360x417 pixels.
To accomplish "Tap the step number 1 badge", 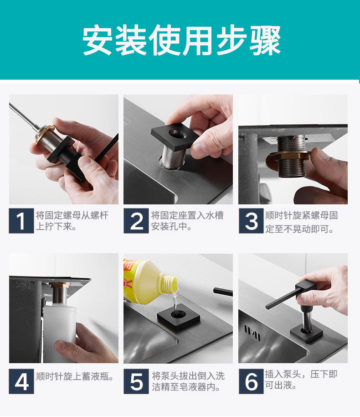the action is coord(21,221).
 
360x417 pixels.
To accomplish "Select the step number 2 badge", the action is coord(136,221).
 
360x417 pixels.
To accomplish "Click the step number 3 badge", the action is coord(251,221).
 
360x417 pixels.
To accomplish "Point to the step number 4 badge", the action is coord(21,381).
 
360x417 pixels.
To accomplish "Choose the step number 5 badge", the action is coord(136,381).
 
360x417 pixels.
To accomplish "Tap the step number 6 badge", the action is coord(251,381).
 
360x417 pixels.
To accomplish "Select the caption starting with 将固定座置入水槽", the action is coord(187,221).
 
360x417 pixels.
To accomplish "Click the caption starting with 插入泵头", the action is coord(301,380).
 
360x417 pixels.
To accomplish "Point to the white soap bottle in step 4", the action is coord(60,334).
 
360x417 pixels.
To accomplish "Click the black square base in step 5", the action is coord(179,317).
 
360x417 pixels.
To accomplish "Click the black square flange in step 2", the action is coord(175,136).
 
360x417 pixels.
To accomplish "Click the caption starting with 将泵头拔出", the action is coord(188,381).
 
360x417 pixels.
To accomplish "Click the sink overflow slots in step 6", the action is coord(252,333).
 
